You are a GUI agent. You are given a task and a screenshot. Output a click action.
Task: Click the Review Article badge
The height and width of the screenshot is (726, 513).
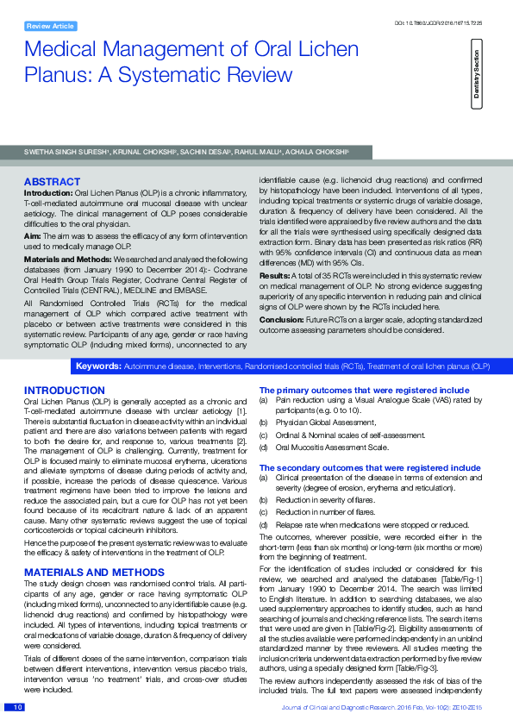tap(50, 27)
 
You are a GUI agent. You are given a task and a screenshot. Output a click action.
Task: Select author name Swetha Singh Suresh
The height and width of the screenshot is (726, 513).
tap(66, 151)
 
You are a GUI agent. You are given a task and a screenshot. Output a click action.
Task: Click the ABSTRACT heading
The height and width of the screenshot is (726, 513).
tap(53, 182)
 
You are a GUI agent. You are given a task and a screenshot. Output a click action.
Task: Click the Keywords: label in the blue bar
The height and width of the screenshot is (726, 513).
tap(98, 366)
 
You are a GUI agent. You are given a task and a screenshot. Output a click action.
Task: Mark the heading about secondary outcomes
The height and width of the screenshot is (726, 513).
tap(370, 466)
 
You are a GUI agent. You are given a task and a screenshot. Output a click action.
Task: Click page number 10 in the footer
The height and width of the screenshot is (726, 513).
tap(16, 708)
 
